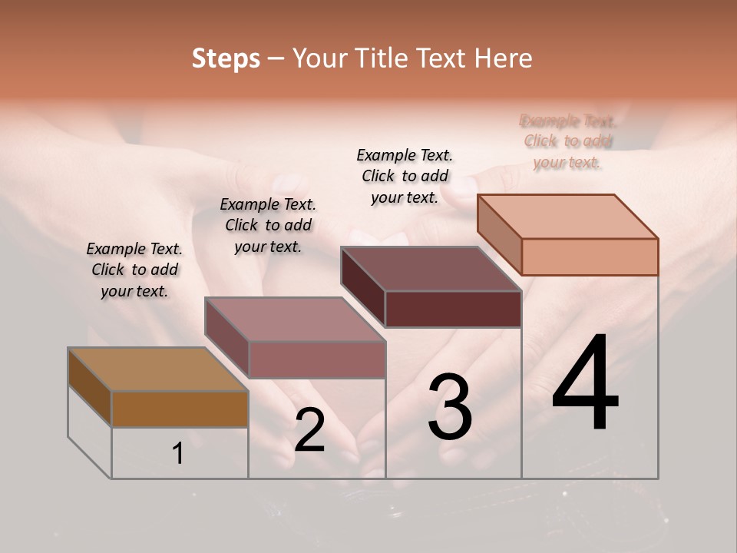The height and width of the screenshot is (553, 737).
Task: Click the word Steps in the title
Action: tap(226, 58)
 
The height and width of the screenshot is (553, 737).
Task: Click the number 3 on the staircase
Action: tap(449, 407)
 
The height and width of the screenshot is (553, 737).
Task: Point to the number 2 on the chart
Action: tap(309, 430)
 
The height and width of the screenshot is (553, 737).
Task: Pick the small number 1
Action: tap(178, 454)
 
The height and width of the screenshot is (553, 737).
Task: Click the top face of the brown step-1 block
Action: tap(157, 369)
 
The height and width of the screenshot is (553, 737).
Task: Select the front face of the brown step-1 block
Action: tap(180, 409)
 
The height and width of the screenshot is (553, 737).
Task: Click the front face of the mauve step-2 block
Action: tap(316, 359)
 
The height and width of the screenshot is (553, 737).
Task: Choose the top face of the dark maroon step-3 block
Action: tap(431, 269)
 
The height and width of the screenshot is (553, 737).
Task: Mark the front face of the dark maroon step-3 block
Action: tap(453, 309)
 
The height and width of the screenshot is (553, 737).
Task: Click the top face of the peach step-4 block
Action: tap(567, 217)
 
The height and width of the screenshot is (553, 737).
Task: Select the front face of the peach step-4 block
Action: tap(590, 257)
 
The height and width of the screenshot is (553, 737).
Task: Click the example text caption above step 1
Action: tap(134, 270)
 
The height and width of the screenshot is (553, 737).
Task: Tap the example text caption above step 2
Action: tap(268, 225)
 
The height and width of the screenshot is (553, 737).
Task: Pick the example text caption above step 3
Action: tap(405, 176)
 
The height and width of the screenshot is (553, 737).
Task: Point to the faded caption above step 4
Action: tap(567, 141)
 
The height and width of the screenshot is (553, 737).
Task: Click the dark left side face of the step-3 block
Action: tap(362, 286)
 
